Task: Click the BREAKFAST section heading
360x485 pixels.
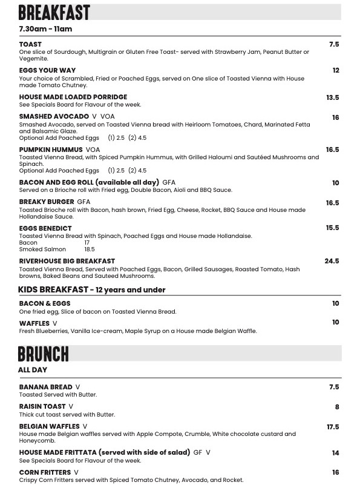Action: pos(54,12)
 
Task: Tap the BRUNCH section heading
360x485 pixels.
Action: pos(44,354)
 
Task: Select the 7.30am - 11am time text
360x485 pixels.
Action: pos(45,29)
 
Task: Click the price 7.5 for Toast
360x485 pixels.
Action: pos(334,44)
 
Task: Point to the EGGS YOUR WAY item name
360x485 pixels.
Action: pos(47,70)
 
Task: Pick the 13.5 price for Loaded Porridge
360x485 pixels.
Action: pos(332,97)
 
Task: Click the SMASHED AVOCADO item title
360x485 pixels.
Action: pos(54,116)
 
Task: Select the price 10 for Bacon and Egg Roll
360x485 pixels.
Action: pos(335,183)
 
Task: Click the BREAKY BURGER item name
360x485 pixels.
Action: pos(47,202)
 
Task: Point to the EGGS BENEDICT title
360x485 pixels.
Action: pos(45,228)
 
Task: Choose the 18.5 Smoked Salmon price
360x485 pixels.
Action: pos(90,249)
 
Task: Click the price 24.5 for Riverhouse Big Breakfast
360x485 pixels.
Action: pos(332,261)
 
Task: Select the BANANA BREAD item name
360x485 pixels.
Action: pos(46,387)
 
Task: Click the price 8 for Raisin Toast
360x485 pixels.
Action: pos(337,407)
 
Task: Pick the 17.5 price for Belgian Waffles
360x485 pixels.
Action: pos(333,427)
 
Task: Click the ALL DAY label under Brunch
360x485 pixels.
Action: pos(33,370)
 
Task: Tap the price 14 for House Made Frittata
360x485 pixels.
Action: pos(335,453)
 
